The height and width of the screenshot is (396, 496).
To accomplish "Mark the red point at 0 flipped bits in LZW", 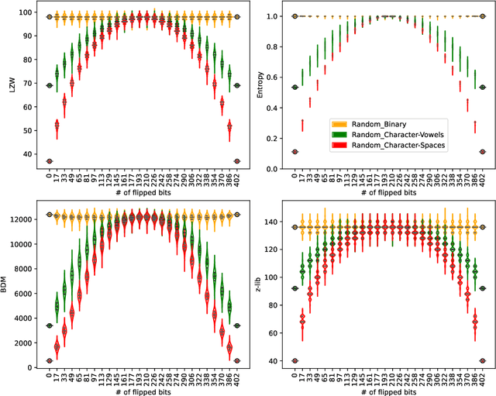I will (x=49, y=161).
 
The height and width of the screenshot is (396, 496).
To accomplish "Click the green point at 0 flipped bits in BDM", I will (x=49, y=325).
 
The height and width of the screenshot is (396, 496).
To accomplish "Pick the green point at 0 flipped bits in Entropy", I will (x=295, y=87).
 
